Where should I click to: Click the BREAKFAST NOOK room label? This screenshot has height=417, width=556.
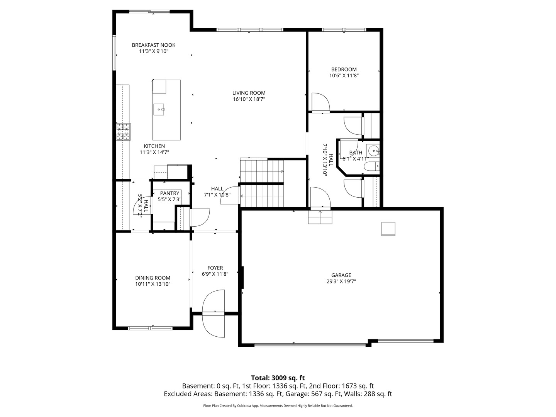click(x=153, y=45)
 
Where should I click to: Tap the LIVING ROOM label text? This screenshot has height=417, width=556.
click(x=249, y=93)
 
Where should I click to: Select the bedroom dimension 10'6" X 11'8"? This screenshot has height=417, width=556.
click(x=344, y=76)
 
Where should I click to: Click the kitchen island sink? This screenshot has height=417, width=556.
click(x=159, y=110)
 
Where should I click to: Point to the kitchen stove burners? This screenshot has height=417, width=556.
click(x=124, y=131)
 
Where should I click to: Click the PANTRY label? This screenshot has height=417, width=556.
click(x=170, y=193)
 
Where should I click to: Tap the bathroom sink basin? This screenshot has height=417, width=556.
click(x=373, y=150)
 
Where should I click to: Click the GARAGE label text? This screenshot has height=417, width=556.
click(x=341, y=275)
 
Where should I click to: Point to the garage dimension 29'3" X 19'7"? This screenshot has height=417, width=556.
click(x=341, y=281)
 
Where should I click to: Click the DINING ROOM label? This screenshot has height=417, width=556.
click(x=153, y=278)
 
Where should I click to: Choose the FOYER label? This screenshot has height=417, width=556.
click(x=215, y=268)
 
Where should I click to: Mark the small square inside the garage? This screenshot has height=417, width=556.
click(x=388, y=229)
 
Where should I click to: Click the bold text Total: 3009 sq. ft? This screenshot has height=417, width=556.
click(x=278, y=378)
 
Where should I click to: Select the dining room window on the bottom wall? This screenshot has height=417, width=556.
click(x=151, y=328)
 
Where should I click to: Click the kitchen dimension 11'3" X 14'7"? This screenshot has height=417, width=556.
click(x=154, y=152)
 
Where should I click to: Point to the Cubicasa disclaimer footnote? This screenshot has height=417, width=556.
click(x=278, y=406)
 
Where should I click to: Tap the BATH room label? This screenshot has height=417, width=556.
click(x=356, y=153)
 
